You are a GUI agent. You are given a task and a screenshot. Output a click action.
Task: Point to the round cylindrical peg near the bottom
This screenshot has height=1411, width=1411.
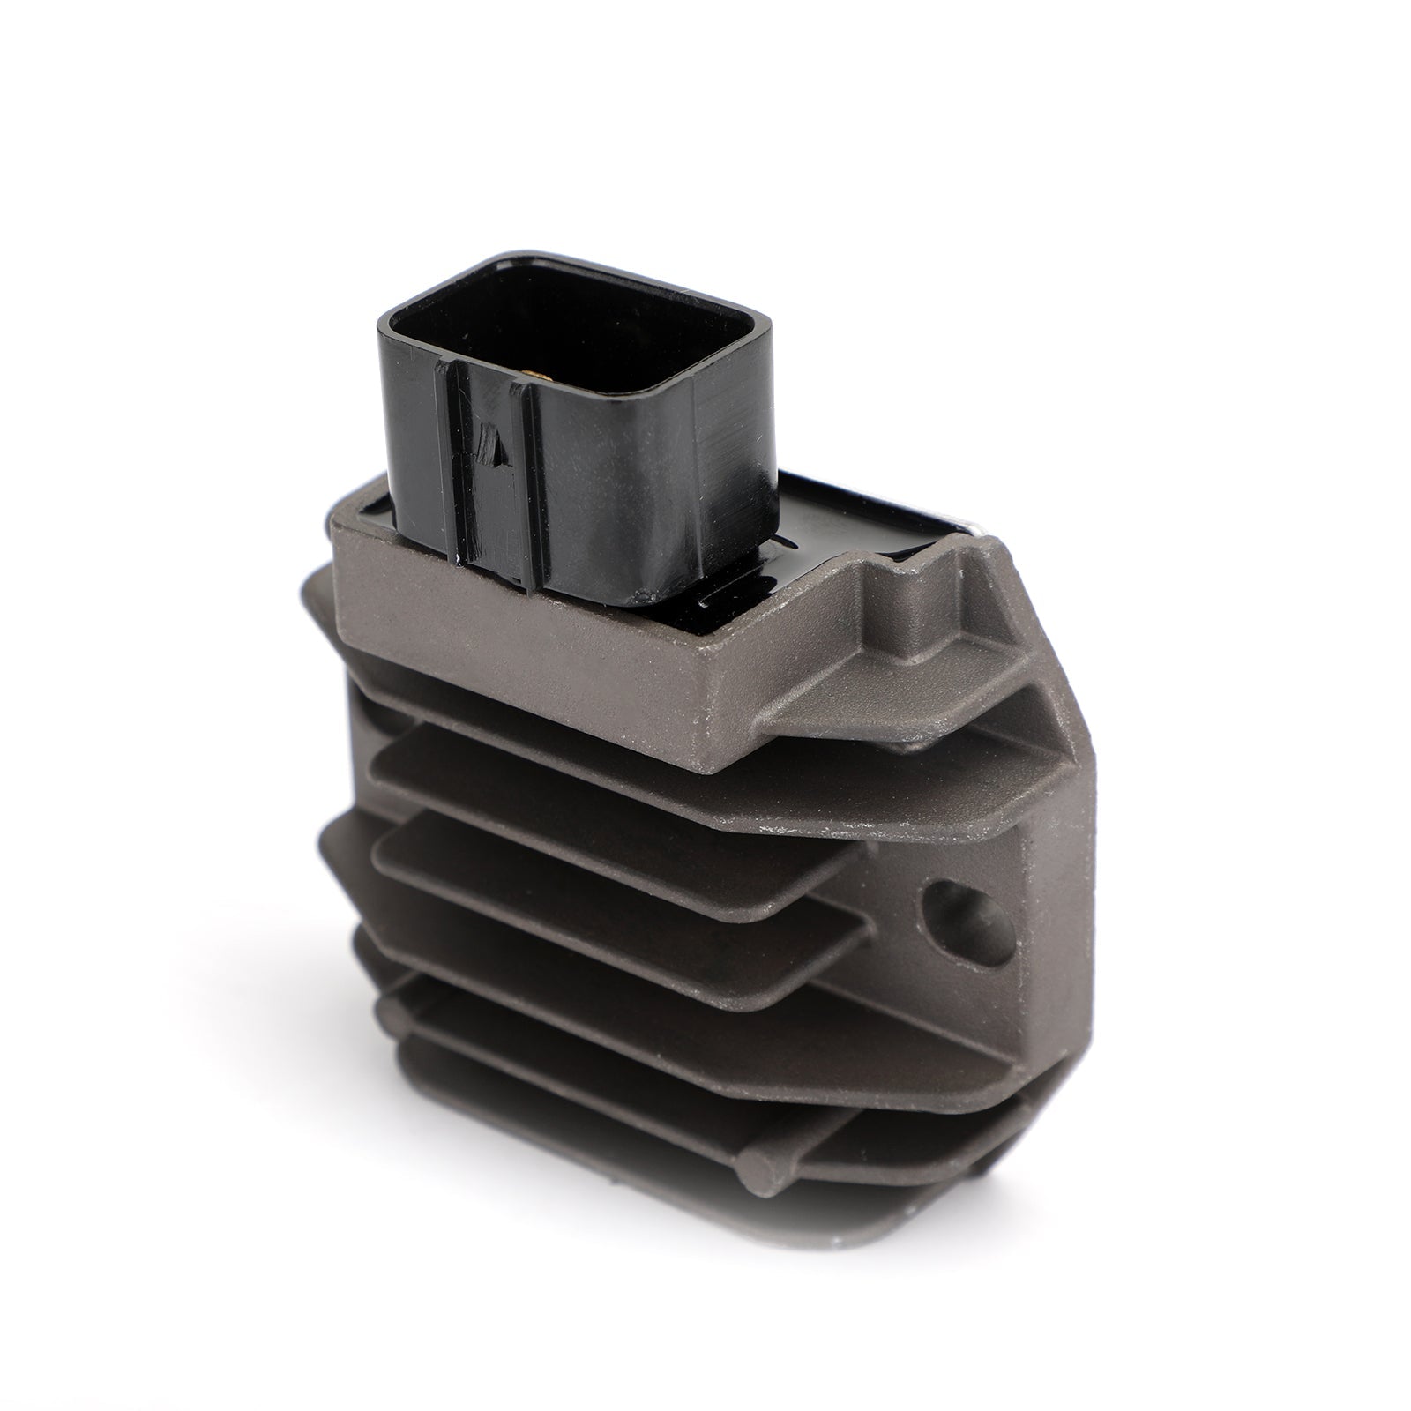tap(761, 1181)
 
